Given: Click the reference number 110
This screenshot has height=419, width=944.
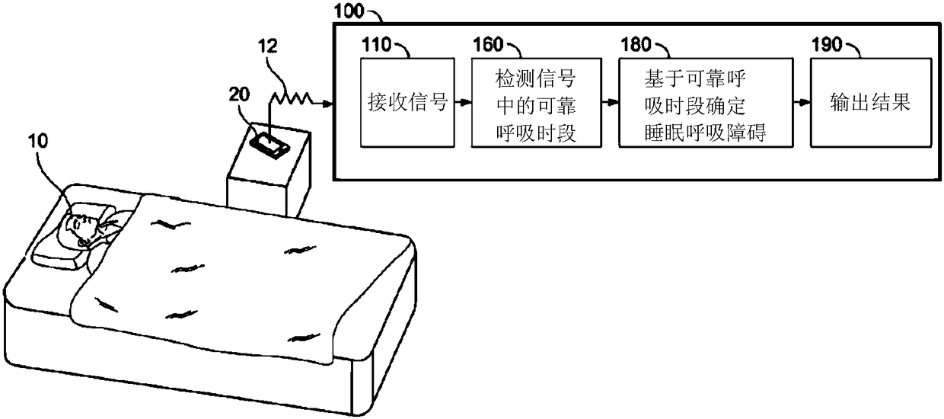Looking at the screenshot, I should coord(376,43).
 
